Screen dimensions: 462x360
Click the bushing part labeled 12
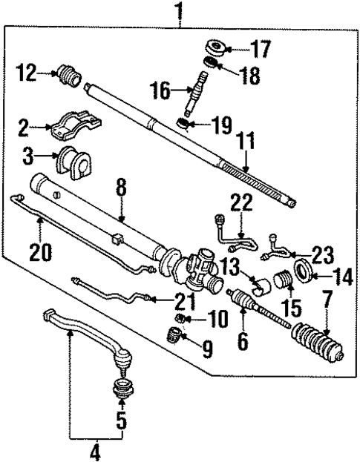pos(68,76)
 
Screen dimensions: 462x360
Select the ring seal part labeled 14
pos(303,268)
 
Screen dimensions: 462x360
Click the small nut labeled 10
pos(179,320)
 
